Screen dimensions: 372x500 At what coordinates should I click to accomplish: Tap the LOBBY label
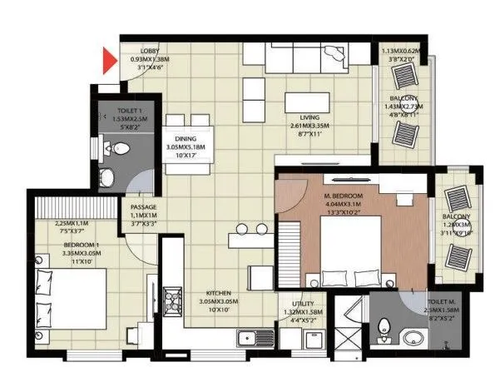150,52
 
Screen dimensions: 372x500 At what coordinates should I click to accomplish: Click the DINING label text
185,139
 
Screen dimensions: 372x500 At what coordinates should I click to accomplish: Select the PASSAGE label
143,206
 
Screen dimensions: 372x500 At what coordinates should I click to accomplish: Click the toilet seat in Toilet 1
118,149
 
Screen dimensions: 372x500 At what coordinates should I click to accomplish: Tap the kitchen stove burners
175,297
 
